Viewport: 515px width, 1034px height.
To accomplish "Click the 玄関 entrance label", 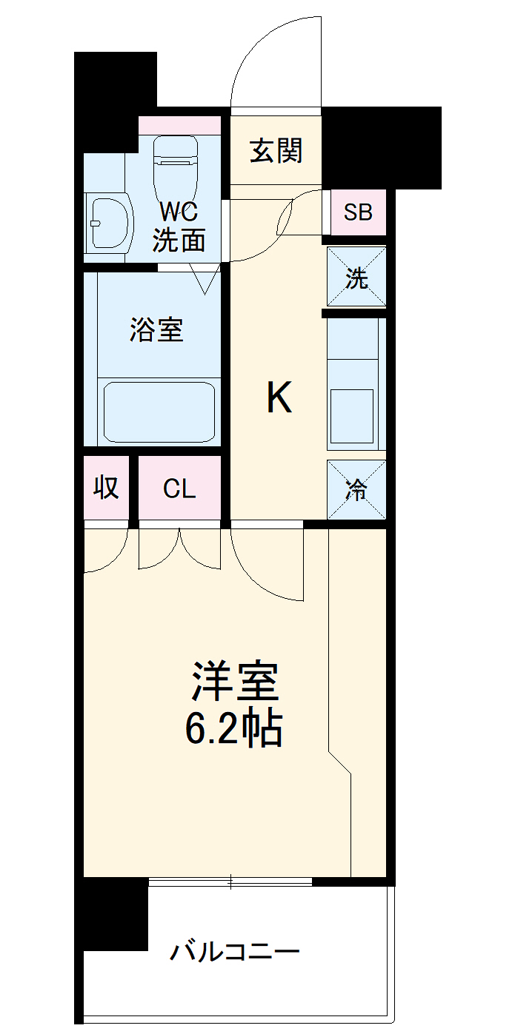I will pyautogui.click(x=276, y=151).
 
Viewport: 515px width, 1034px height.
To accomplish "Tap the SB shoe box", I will pyautogui.click(x=358, y=213).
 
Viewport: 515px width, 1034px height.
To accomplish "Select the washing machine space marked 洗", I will pyautogui.click(x=357, y=277).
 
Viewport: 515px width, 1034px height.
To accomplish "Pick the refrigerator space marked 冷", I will pyautogui.click(x=357, y=489).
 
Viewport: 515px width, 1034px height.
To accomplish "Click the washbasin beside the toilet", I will pyautogui.click(x=107, y=221).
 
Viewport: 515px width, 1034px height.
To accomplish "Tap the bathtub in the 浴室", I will pyautogui.click(x=159, y=412).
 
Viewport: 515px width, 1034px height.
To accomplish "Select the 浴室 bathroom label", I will pyautogui.click(x=156, y=330).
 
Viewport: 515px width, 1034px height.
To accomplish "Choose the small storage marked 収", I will pyautogui.click(x=106, y=488).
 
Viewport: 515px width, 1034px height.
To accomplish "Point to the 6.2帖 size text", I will pyautogui.click(x=233, y=729).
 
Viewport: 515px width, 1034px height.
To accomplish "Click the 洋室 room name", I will pyautogui.click(x=235, y=682).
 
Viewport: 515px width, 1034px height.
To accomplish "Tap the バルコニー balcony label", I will pyautogui.click(x=235, y=950).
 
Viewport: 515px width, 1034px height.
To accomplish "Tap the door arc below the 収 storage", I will pyautogui.click(x=100, y=551).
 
